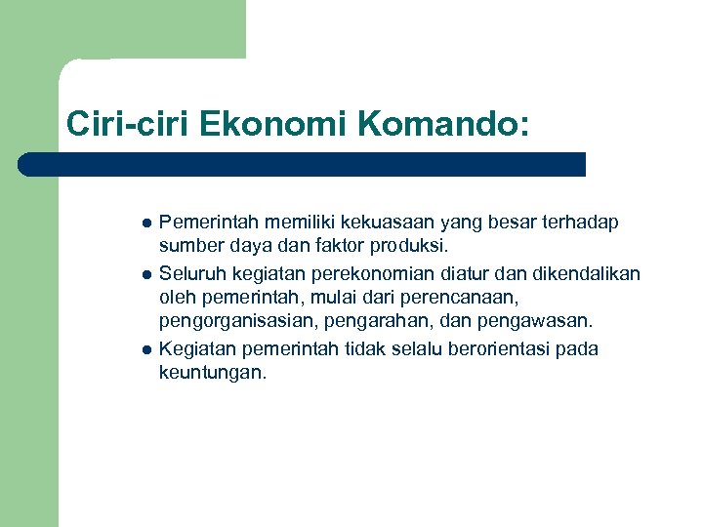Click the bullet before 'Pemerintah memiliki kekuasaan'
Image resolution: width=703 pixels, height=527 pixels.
click(146, 223)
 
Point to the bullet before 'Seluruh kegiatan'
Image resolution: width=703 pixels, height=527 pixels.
click(146, 273)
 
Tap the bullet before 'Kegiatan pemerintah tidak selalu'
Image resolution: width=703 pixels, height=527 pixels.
click(146, 349)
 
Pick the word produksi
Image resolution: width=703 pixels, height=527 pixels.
click(406, 246)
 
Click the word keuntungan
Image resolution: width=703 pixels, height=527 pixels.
click(211, 373)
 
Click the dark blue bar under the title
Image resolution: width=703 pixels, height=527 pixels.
click(303, 164)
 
